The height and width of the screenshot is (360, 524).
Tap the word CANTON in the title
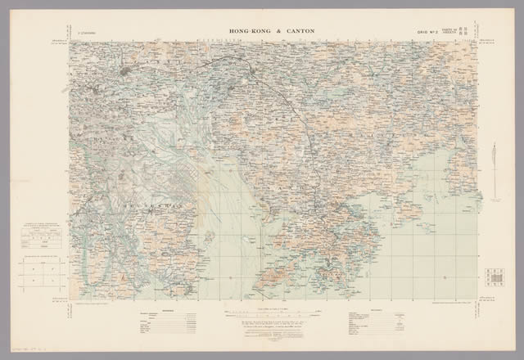[x=296, y=31]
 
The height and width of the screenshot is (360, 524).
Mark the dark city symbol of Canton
[x=124, y=75]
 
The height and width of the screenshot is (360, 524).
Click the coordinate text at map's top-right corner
[x=486, y=40]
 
